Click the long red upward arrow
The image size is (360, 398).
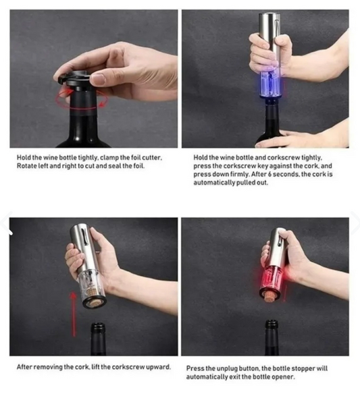[74, 314]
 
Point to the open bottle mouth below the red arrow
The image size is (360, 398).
[99, 326]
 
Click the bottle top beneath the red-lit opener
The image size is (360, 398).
[272, 324]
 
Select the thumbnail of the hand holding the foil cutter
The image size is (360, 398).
[94, 79]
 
